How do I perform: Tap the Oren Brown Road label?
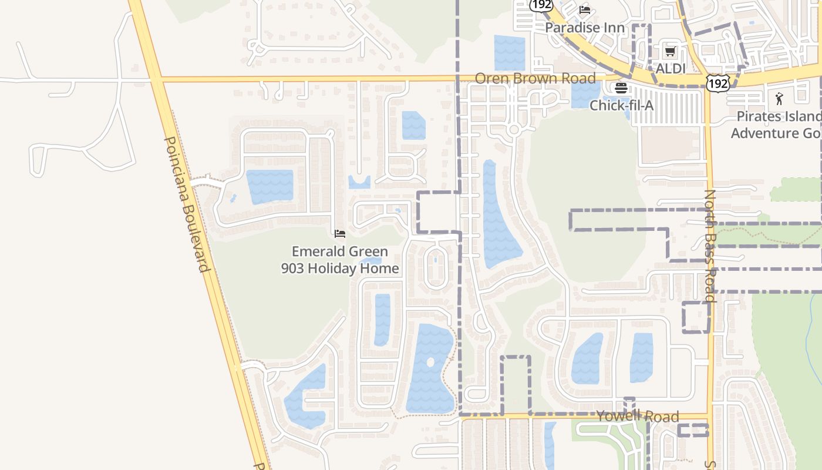pyautogui.click(x=535, y=78)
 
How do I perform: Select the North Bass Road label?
pyautogui.click(x=710, y=246)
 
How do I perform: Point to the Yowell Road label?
pyautogui.click(x=638, y=417)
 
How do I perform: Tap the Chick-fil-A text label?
pyautogui.click(x=621, y=106)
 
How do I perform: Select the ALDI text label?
pyautogui.click(x=671, y=69)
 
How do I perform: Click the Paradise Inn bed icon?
pyautogui.click(x=584, y=10)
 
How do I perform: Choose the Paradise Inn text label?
pyautogui.click(x=584, y=28)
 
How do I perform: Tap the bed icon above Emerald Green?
pyautogui.click(x=339, y=234)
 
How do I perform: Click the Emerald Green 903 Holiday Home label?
pyautogui.click(x=340, y=260)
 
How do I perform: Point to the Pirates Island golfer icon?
pyautogui.click(x=779, y=98)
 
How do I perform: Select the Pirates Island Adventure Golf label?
pyautogui.click(x=775, y=125)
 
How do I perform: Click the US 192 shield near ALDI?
pyautogui.click(x=718, y=83)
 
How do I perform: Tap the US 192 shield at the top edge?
pyautogui.click(x=541, y=5)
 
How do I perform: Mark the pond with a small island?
pyautogui.click(x=430, y=368)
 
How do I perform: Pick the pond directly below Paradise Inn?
pyautogui.click(x=509, y=53)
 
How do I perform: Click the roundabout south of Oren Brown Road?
pyautogui.click(x=514, y=129)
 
